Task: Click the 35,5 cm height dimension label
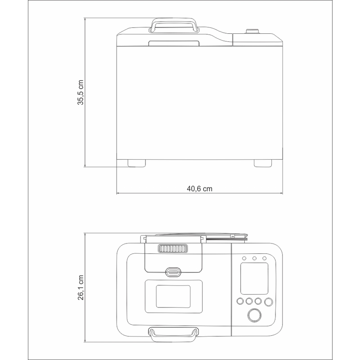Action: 81,92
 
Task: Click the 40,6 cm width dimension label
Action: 199,189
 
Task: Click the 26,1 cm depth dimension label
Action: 81,288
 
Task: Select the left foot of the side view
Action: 137,163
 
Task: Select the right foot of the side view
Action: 263,163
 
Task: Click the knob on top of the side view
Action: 252,31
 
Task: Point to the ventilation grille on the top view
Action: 173,249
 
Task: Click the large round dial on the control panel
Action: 254,315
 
